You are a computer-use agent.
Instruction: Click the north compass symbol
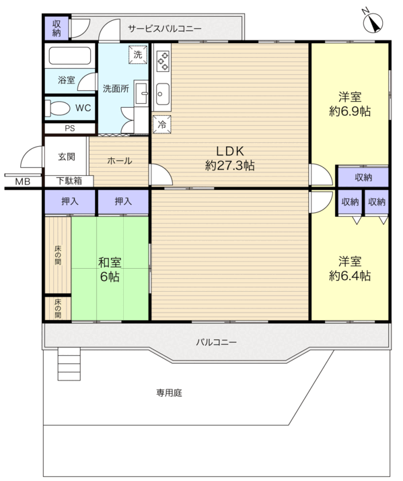373,23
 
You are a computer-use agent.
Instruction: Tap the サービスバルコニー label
165,29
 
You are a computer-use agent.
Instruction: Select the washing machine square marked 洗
138,55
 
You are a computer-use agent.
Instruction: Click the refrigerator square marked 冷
162,125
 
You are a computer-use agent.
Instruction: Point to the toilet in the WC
57,108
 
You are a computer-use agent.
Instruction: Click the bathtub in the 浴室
70,55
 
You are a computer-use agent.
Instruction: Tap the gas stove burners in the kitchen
163,61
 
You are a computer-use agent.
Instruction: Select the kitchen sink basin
162,94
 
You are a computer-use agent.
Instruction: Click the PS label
70,128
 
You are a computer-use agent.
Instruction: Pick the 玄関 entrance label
67,157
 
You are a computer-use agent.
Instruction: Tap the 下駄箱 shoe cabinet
69,181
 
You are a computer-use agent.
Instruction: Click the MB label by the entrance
23,182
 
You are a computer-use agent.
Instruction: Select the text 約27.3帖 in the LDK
230,166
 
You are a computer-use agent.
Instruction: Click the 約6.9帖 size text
350,111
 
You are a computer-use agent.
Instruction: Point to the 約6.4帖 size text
350,276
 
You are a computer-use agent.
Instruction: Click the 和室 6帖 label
110,269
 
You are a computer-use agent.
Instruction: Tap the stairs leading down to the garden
69,364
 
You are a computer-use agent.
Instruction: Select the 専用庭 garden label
169,393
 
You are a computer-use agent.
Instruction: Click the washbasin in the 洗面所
141,93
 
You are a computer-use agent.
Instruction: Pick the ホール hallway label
120,160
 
